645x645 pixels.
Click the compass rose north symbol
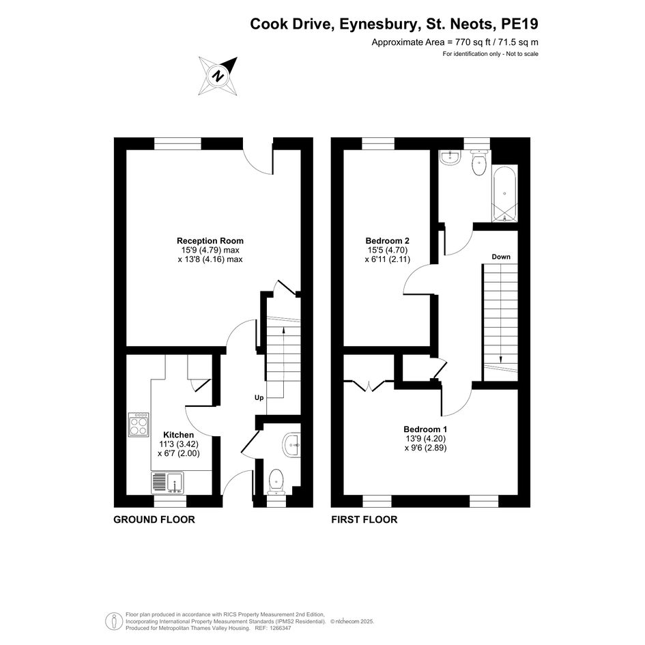coord(218,76)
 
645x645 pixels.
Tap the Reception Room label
coord(210,241)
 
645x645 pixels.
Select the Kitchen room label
coord(179,435)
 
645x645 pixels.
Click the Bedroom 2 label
coord(388,241)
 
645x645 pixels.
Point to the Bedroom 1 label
coord(425,429)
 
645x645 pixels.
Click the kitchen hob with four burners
coord(139,425)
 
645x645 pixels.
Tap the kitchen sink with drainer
coord(168,483)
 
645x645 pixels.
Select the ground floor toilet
coord(276,482)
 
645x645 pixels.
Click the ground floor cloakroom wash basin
coord(291,445)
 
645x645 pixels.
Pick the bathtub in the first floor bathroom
coord(504,193)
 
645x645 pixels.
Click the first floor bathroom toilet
coord(479,162)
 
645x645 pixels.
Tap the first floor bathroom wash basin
coord(450,158)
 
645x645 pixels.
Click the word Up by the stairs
coord(259,398)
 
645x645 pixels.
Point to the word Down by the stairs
coord(501,257)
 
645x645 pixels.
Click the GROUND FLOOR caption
coord(154,519)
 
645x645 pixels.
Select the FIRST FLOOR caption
coord(364,519)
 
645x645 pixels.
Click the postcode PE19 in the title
coord(519,24)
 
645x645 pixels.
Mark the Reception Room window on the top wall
coord(177,143)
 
